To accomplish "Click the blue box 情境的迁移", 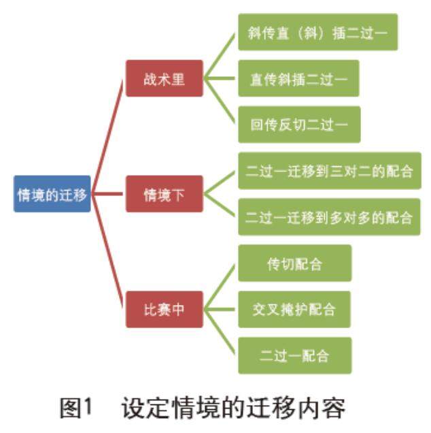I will tap(52, 194).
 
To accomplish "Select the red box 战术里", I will tap(164, 79).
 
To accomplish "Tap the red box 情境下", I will tap(164, 194).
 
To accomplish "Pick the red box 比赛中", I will tap(164, 309).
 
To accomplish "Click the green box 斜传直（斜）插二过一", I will tap(317, 32).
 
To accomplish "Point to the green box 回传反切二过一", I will tap(298, 125).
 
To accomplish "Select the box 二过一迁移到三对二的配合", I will tap(329, 170).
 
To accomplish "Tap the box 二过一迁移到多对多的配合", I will tap(329, 217).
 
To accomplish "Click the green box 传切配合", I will tap(294, 263).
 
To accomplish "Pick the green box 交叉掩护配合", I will tap(294, 309).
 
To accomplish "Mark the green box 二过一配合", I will tap(294, 355).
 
